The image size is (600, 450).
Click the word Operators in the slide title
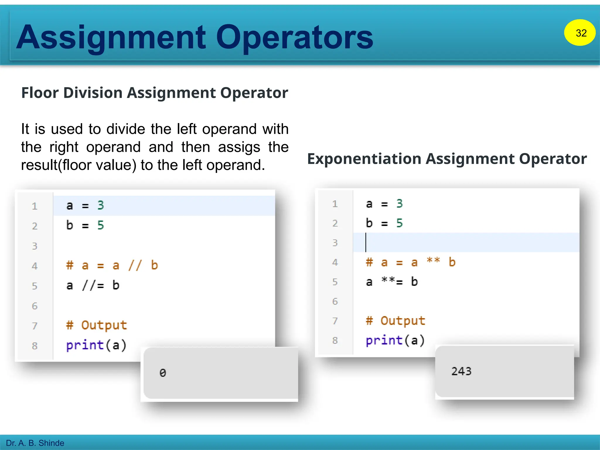pos(294,37)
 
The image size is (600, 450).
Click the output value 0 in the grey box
pos(163,373)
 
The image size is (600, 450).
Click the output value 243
pos(461,371)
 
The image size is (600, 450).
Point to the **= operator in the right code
pos(392,282)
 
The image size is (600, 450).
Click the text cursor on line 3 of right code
pos(366,243)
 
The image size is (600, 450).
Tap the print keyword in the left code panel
pos(85,345)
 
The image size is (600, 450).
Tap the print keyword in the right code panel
pos(384,340)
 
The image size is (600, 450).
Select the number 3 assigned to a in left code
pos(100,205)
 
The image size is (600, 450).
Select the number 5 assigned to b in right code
pos(399,223)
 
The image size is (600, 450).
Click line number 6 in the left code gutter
pos(35,306)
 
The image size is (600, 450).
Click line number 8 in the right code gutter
pos(335,340)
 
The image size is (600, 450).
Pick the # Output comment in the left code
pos(96,325)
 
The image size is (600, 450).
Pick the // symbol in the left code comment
pos(135,265)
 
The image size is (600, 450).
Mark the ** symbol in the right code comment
pos(433,261)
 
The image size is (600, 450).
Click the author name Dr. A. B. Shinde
pos(35,443)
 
